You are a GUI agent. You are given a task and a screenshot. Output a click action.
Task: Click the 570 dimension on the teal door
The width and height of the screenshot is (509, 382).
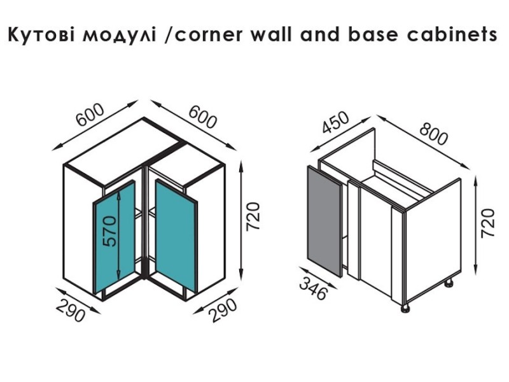tap(109, 231)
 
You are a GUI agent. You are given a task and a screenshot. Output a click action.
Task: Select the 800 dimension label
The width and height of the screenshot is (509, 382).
tap(433, 134)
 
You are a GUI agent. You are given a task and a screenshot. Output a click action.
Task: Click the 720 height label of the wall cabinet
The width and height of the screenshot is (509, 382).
tap(253, 216)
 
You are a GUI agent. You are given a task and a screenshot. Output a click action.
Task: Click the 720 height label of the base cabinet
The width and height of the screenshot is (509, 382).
tap(487, 223)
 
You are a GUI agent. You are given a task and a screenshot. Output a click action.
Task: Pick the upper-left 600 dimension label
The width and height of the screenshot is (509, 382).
tap(90, 115)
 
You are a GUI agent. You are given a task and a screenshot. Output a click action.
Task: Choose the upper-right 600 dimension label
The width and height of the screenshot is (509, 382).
tap(202, 117)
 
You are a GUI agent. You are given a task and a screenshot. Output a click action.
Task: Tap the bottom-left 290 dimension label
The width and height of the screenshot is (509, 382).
tap(71, 310)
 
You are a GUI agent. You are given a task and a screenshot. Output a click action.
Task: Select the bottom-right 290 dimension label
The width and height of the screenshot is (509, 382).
tap(223, 310)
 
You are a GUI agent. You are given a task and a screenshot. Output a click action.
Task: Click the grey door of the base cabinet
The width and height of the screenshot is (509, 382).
tap(324, 221)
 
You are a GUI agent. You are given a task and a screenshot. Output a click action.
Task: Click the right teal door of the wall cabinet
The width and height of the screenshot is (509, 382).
tap(176, 235)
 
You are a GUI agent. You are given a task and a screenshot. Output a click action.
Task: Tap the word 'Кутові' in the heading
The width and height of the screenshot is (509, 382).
tap(42, 35)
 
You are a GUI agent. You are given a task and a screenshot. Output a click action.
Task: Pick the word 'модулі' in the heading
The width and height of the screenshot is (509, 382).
tap(119, 35)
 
